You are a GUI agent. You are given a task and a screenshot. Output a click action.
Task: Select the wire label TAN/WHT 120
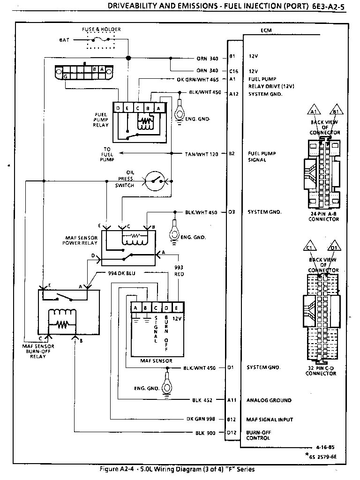(x=202, y=154)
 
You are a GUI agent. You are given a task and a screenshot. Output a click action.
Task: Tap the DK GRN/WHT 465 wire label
(x=198, y=80)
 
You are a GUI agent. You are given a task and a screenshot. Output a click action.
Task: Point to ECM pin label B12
(x=232, y=419)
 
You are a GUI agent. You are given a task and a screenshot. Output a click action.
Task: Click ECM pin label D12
(x=232, y=433)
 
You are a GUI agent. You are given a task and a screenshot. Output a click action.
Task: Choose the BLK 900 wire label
(x=205, y=433)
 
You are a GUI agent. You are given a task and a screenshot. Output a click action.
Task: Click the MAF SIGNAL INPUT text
(x=270, y=419)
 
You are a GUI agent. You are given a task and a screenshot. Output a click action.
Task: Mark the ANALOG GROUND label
(x=269, y=400)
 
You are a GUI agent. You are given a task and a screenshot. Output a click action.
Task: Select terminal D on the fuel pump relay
(x=119, y=108)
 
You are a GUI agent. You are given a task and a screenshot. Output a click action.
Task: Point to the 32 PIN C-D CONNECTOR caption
(x=321, y=371)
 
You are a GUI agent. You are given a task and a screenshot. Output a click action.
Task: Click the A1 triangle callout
(x=314, y=112)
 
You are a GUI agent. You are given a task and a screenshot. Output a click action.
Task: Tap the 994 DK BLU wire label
(x=115, y=273)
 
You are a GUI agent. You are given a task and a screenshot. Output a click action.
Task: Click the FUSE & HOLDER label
(x=101, y=30)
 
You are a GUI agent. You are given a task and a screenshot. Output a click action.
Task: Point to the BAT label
(x=64, y=40)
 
